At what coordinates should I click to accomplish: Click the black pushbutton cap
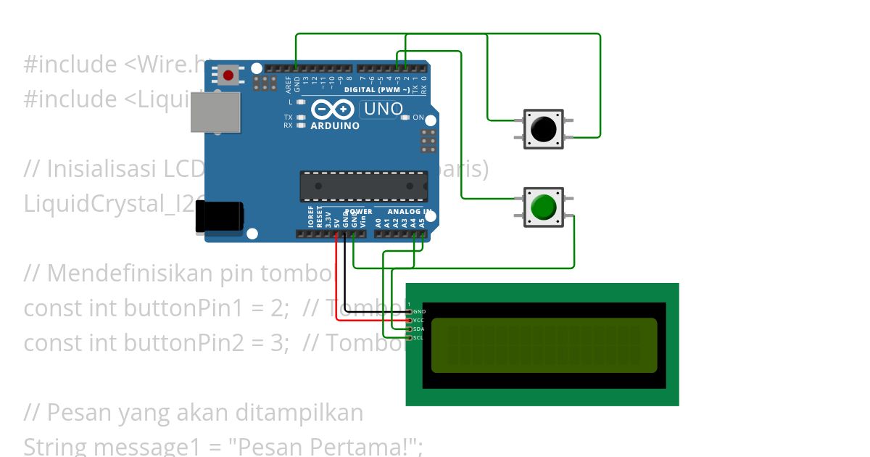[x=543, y=129]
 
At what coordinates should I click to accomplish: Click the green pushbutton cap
[x=543, y=207]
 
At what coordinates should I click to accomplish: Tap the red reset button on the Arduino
[x=228, y=75]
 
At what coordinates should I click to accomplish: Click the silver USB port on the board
[x=215, y=112]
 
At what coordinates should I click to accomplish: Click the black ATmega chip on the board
[x=364, y=186]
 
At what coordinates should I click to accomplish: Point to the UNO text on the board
[x=382, y=110]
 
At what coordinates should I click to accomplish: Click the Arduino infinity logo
[x=333, y=110]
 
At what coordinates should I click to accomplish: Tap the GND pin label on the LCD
[x=419, y=312]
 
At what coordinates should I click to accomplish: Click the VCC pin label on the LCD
[x=419, y=321]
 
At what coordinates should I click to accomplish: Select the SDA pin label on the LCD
[x=419, y=329]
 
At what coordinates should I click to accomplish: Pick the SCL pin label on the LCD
[x=419, y=338]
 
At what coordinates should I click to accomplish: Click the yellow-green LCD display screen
[x=544, y=345]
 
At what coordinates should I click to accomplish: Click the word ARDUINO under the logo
[x=335, y=125]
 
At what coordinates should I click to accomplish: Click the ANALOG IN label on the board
[x=410, y=212]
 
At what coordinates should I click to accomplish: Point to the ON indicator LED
[x=406, y=117]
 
